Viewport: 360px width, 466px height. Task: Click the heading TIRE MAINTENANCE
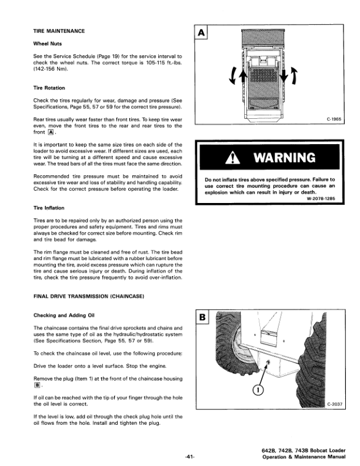pyautogui.click(x=59, y=31)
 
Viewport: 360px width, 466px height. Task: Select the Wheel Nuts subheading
pyautogui.click(x=48, y=43)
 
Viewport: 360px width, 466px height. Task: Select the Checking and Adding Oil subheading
pyautogui.click(x=65, y=315)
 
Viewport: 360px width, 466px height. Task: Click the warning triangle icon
pyautogui.click(x=239, y=158)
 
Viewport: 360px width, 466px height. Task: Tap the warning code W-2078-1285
pyautogui.click(x=318, y=198)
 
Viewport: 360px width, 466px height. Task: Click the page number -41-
pyautogui.click(x=189, y=456)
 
